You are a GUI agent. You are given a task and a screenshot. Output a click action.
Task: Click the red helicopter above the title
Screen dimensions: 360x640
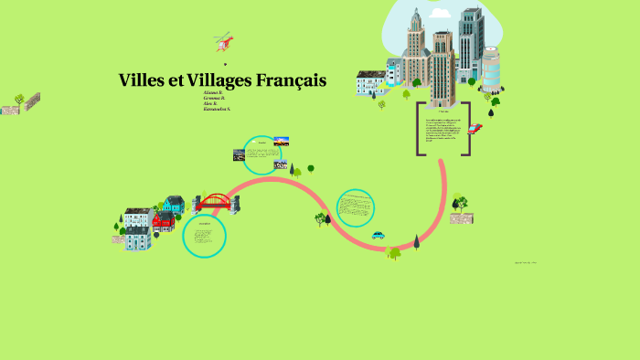[x=223, y=40]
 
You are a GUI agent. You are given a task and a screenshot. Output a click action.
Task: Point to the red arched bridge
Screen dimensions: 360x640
[x=216, y=202]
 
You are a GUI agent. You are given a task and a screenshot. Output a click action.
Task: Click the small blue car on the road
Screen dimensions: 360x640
[x=378, y=236]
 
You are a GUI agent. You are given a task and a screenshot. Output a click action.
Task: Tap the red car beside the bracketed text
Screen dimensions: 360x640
[x=474, y=129]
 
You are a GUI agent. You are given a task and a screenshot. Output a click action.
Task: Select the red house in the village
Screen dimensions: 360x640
[x=163, y=221]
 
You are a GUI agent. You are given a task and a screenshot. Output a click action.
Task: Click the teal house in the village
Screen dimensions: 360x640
[x=175, y=204]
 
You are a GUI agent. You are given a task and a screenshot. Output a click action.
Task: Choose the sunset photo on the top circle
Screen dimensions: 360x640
[x=283, y=142]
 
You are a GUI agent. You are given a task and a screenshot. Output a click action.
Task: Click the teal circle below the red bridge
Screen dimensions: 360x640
[x=204, y=236]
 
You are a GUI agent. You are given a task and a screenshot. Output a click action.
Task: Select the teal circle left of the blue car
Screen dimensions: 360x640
[x=355, y=207]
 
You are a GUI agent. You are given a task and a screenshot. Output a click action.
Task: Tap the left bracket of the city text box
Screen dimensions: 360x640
[x=421, y=128]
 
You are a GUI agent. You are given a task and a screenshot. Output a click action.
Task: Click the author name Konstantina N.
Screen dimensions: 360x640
[x=218, y=110]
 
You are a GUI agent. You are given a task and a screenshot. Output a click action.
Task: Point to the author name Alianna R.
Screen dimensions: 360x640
[x=214, y=93]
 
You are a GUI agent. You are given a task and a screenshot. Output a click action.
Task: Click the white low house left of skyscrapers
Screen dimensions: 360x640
[x=371, y=82]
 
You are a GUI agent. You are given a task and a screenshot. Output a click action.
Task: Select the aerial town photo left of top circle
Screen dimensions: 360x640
[x=239, y=155]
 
